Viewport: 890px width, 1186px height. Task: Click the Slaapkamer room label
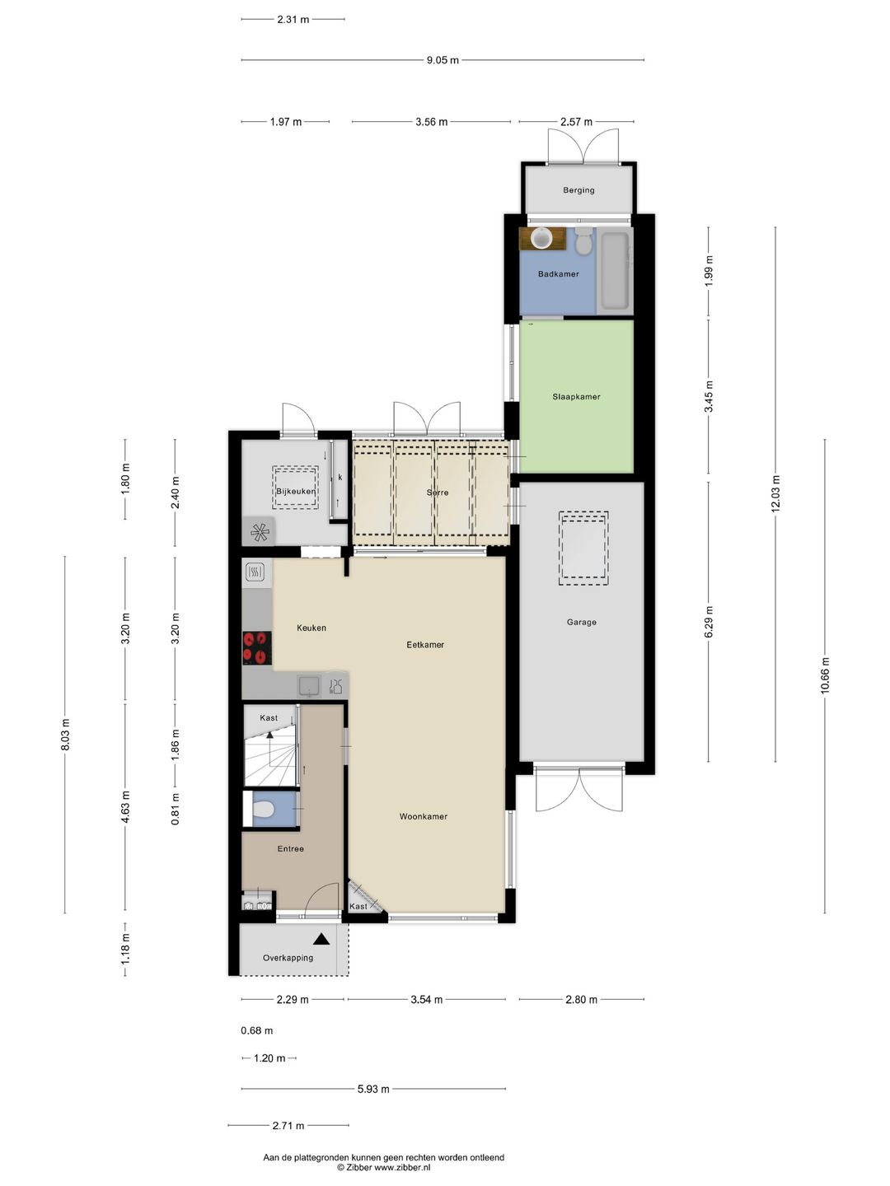tap(576, 397)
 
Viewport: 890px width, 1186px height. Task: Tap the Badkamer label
tap(558, 274)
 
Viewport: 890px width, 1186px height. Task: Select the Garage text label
tap(581, 623)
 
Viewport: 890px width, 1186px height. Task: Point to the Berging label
tap(578, 190)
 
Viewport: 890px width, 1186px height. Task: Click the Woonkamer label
tap(424, 817)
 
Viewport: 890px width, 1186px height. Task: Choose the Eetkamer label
tap(425, 645)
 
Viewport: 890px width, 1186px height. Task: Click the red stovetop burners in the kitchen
tap(257, 647)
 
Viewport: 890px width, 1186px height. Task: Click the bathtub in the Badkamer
tap(615, 271)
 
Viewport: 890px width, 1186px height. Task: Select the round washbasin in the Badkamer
tap(541, 238)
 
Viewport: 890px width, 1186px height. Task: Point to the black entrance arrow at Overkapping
tap(321, 939)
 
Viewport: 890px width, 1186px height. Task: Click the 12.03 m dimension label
tap(775, 494)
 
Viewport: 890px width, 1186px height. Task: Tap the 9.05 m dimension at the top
tap(443, 60)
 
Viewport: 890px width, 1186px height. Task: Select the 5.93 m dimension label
tap(373, 1089)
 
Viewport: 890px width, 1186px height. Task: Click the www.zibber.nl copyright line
tap(383, 1167)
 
